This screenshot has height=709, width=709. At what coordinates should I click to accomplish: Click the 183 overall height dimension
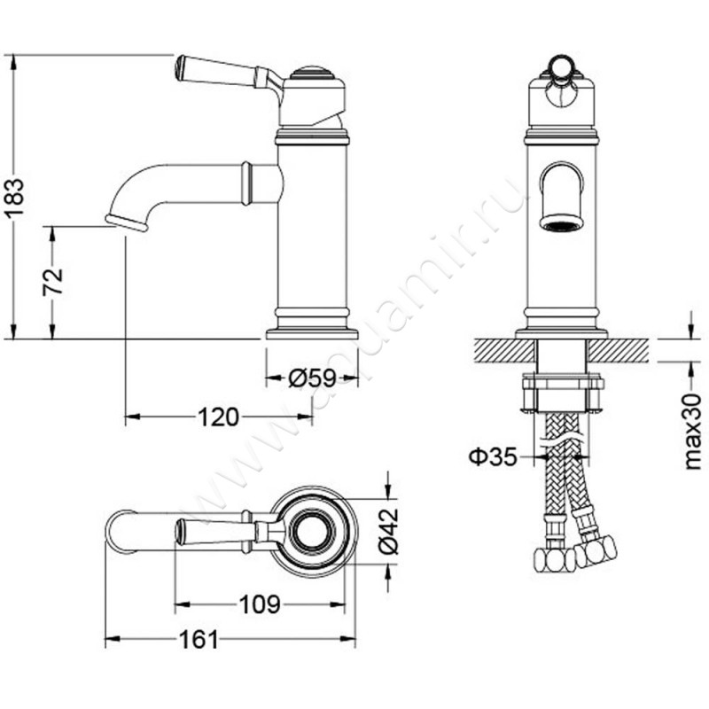click(x=16, y=199)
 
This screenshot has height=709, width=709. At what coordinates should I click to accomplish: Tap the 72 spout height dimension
click(x=53, y=282)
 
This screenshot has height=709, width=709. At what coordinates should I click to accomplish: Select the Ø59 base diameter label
click(x=312, y=378)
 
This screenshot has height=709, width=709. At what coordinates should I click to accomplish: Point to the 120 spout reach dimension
click(x=218, y=417)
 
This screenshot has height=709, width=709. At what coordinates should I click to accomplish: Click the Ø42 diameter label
click(x=388, y=531)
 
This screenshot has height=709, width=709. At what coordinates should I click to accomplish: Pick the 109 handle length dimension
click(x=260, y=604)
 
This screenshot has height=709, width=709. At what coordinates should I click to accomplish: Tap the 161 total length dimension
click(x=199, y=639)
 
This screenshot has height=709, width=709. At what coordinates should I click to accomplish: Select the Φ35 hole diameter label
click(x=493, y=457)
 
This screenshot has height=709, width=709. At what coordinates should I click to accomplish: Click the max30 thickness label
click(x=692, y=432)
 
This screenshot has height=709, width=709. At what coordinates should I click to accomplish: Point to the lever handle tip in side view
click(x=179, y=67)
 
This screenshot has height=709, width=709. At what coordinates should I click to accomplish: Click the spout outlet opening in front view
click(x=561, y=223)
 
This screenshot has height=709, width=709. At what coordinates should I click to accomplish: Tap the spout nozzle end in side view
click(x=127, y=222)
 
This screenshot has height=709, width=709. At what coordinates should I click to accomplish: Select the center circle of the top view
click(x=313, y=531)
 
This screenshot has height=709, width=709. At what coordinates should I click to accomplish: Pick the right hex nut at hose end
click(x=596, y=550)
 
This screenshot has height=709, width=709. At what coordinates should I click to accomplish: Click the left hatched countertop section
click(x=504, y=350)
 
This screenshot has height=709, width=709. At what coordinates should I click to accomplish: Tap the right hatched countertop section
click(x=618, y=350)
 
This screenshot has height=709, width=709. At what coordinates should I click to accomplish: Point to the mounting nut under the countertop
click(x=562, y=392)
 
